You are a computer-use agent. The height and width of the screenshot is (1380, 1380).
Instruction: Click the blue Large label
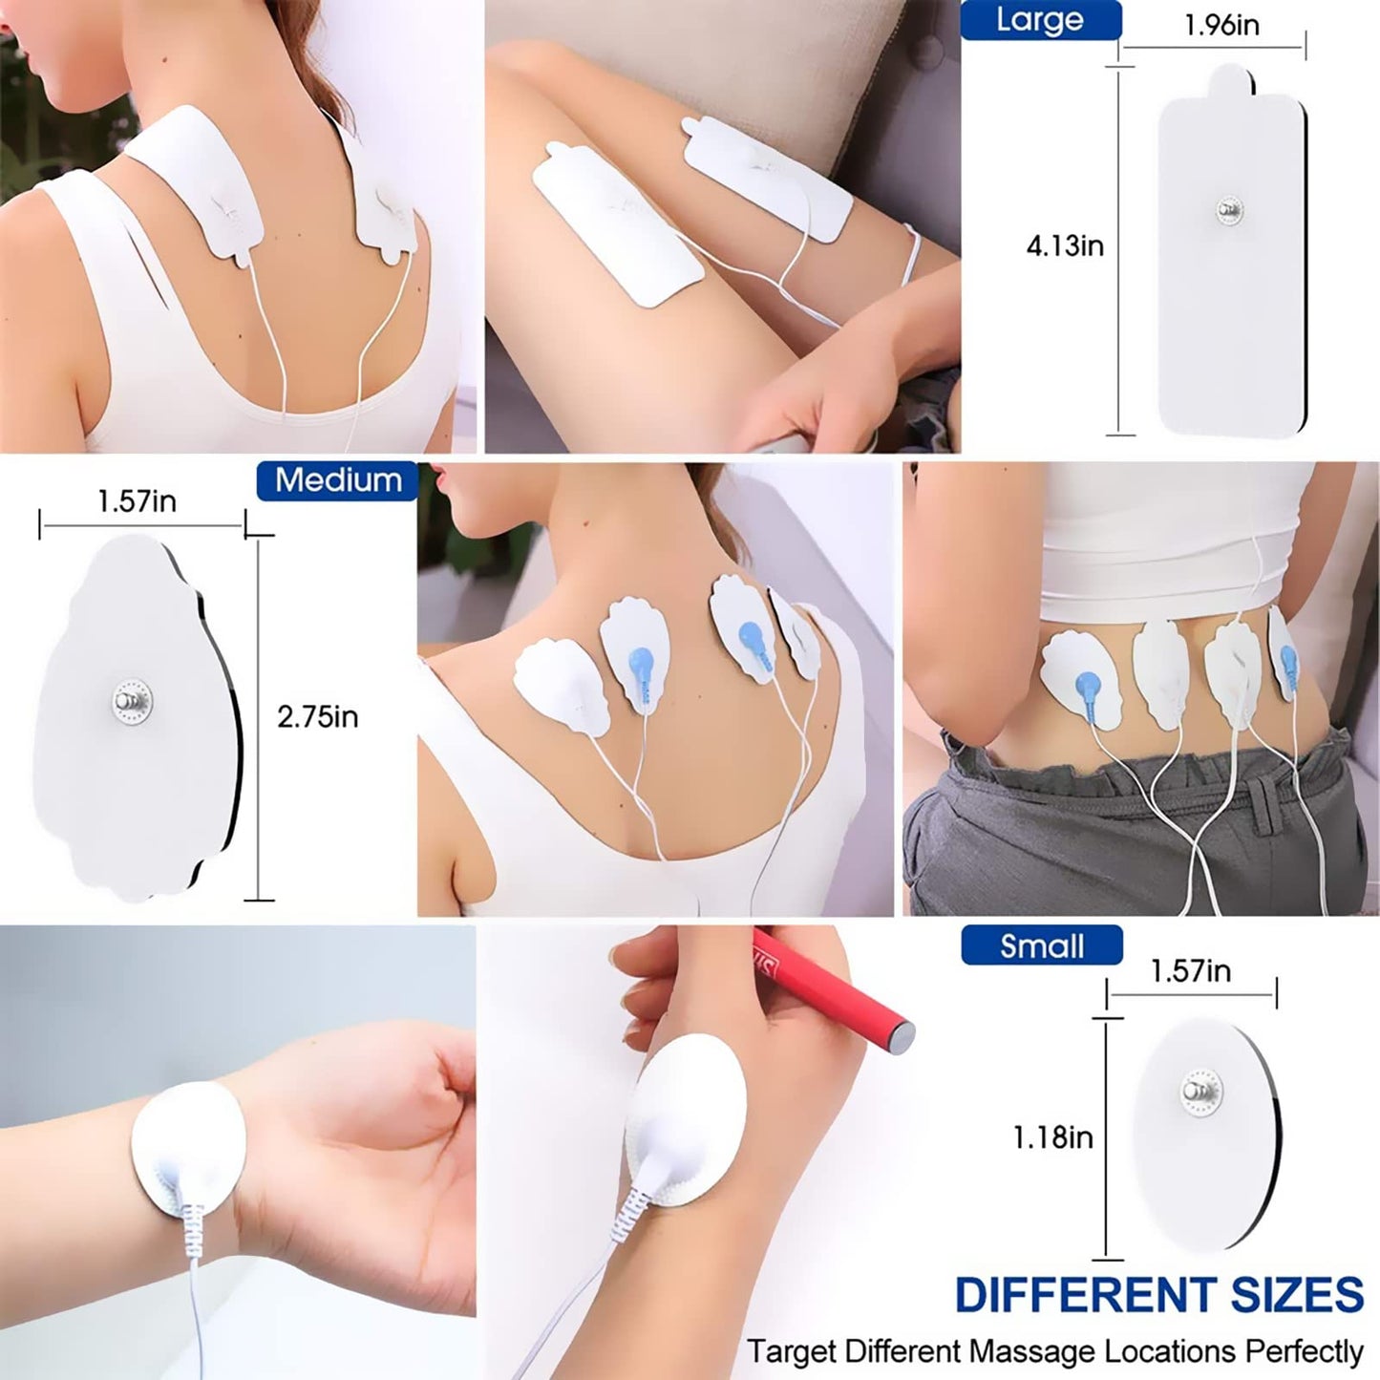click(x=1040, y=20)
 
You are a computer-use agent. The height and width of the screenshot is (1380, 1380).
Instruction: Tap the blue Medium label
click(x=338, y=480)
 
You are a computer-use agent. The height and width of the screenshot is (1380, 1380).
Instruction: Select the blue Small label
click(x=1041, y=945)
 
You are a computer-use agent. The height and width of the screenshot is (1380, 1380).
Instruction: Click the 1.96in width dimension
click(x=1221, y=25)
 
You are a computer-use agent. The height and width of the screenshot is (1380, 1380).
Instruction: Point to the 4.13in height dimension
click(x=1065, y=245)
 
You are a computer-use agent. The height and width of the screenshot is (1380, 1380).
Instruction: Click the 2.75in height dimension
click(x=317, y=716)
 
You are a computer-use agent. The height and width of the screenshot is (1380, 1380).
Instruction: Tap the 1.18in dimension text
click(x=1052, y=1136)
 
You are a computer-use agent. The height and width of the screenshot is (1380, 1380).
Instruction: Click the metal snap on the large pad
click(x=1229, y=210)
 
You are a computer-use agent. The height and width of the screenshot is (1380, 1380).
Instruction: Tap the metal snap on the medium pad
click(x=130, y=700)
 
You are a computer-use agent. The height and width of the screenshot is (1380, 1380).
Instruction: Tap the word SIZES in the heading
click(x=1297, y=1296)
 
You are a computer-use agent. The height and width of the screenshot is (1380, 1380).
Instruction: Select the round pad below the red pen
click(x=690, y=1117)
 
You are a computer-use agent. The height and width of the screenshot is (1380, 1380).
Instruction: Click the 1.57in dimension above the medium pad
click(x=137, y=500)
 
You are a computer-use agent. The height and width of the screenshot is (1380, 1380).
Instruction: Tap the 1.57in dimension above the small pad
click(x=1190, y=970)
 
